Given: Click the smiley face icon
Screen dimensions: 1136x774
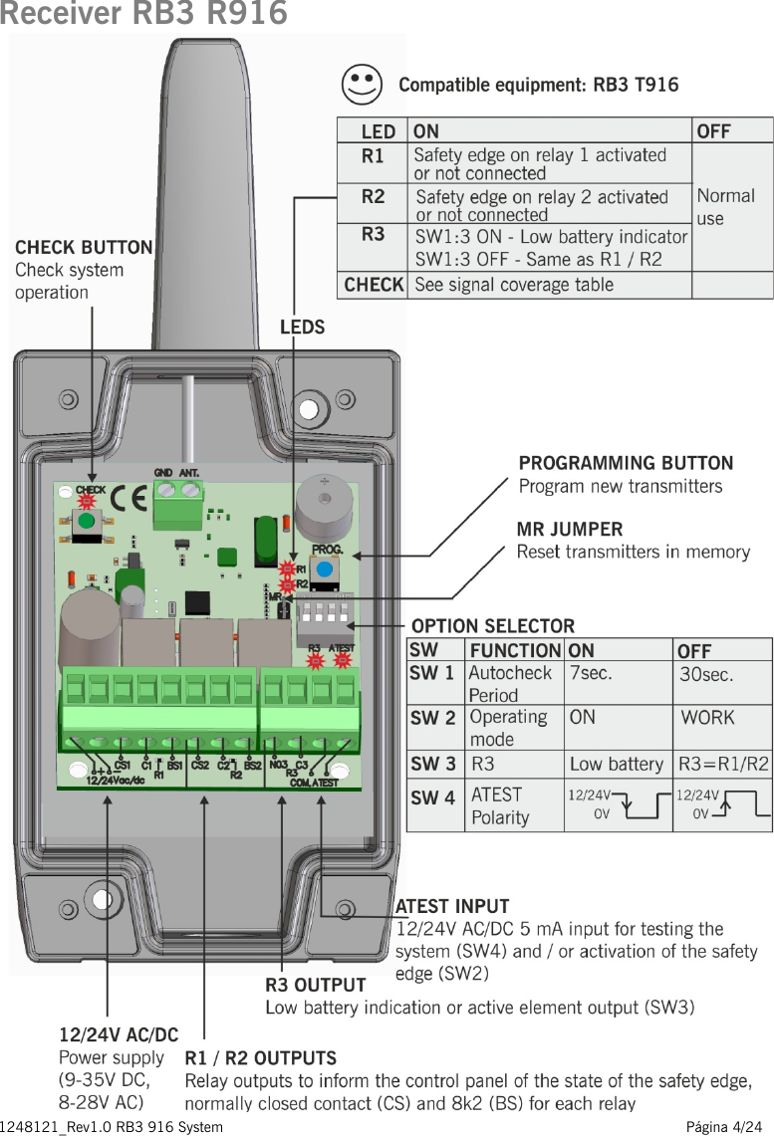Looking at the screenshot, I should [361, 85].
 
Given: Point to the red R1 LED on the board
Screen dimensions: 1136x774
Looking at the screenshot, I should [287, 568].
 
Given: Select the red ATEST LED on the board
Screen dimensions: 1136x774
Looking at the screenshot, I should [343, 659].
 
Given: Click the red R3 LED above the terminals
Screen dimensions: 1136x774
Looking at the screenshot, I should [315, 659].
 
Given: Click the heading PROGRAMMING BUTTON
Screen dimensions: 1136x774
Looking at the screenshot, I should [626, 463].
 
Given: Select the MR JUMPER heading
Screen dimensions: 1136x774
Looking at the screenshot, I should [569, 529].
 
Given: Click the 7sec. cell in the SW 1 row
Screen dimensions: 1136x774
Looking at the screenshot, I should [591, 674].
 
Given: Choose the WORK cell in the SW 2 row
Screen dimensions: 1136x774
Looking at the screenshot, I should [707, 718].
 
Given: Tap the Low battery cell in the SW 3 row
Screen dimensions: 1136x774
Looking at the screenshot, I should [616, 765].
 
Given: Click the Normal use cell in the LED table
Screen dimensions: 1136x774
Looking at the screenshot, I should [725, 206].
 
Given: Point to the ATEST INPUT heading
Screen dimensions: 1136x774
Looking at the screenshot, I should [452, 906].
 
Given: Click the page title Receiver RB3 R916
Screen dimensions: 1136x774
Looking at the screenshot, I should [143, 14].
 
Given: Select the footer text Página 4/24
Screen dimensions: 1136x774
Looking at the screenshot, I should [728, 1127].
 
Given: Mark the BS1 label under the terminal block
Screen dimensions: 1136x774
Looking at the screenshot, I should [174, 766].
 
